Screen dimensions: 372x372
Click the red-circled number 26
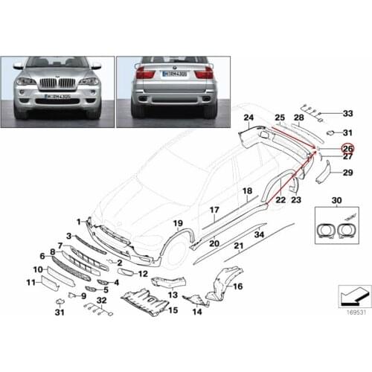(347, 148)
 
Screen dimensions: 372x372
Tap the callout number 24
(248, 118)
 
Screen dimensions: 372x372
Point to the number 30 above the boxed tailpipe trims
(337, 201)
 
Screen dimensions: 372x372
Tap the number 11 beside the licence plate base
(31, 283)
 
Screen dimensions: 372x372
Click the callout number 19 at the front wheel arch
(177, 223)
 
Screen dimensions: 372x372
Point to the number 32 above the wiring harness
(103, 301)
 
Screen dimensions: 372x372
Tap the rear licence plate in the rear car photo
(174, 76)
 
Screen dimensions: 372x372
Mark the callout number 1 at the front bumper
(79, 221)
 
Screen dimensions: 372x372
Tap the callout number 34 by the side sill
(260, 235)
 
